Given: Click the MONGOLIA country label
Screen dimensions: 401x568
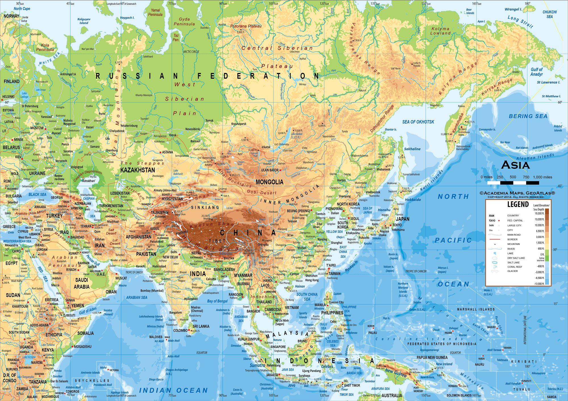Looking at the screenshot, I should click(270, 182).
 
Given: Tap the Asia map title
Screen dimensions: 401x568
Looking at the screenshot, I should click(515, 165).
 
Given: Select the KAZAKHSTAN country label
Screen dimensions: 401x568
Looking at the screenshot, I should click(138, 170).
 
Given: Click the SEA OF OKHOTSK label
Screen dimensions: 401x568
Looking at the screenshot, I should click(418, 122).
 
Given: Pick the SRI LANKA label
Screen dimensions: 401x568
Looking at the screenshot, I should click(201, 326).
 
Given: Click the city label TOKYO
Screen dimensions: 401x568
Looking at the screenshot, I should click(397, 225).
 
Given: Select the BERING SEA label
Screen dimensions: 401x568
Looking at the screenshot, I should click(528, 116).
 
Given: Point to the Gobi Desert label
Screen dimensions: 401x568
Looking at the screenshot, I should click(262, 193).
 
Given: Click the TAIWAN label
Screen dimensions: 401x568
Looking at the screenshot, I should click(334, 274).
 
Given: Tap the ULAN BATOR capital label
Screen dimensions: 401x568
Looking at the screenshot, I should click(270, 170).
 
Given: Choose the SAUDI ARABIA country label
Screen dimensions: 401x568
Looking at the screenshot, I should click(82, 283).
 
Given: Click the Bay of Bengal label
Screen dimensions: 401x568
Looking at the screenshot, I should click(217, 301).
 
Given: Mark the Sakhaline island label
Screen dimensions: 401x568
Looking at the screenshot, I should click(412, 149).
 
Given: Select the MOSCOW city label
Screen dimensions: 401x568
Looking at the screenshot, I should click(37, 128).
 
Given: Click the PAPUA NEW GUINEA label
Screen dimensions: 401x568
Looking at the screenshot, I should click(432, 357).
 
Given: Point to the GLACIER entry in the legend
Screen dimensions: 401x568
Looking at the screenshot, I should click(512, 271).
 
